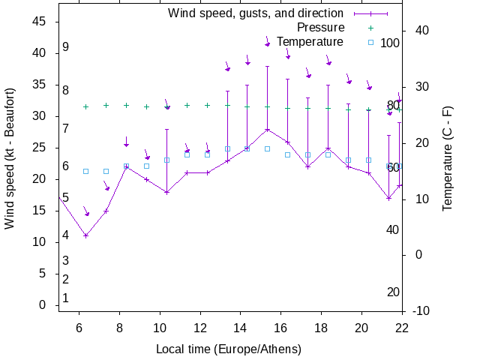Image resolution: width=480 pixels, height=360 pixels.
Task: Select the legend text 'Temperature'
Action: point(310,42)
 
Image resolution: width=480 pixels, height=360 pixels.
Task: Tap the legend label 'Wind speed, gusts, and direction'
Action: point(255,13)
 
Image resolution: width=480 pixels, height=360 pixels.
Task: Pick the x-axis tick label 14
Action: point(240,327)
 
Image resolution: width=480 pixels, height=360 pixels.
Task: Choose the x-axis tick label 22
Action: point(402,327)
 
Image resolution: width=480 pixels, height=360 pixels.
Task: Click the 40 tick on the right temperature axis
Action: point(421,31)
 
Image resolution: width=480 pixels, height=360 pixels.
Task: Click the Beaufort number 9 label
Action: point(66,47)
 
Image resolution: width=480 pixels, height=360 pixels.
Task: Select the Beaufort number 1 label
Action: point(66,298)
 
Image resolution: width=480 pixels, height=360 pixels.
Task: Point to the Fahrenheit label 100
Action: point(390,43)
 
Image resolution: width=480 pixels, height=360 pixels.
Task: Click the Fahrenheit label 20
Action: point(393,292)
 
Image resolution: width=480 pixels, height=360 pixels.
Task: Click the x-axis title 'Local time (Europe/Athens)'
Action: point(228,349)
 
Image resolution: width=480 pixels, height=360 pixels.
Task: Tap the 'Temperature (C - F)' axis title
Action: point(448,157)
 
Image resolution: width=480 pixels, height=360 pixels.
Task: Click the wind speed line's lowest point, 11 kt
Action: point(85,235)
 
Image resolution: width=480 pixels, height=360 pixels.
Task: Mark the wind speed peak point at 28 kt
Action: point(267,129)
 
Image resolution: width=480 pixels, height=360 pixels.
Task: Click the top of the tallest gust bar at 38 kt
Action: point(267,66)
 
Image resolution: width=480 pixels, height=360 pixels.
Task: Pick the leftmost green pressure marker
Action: point(85,106)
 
